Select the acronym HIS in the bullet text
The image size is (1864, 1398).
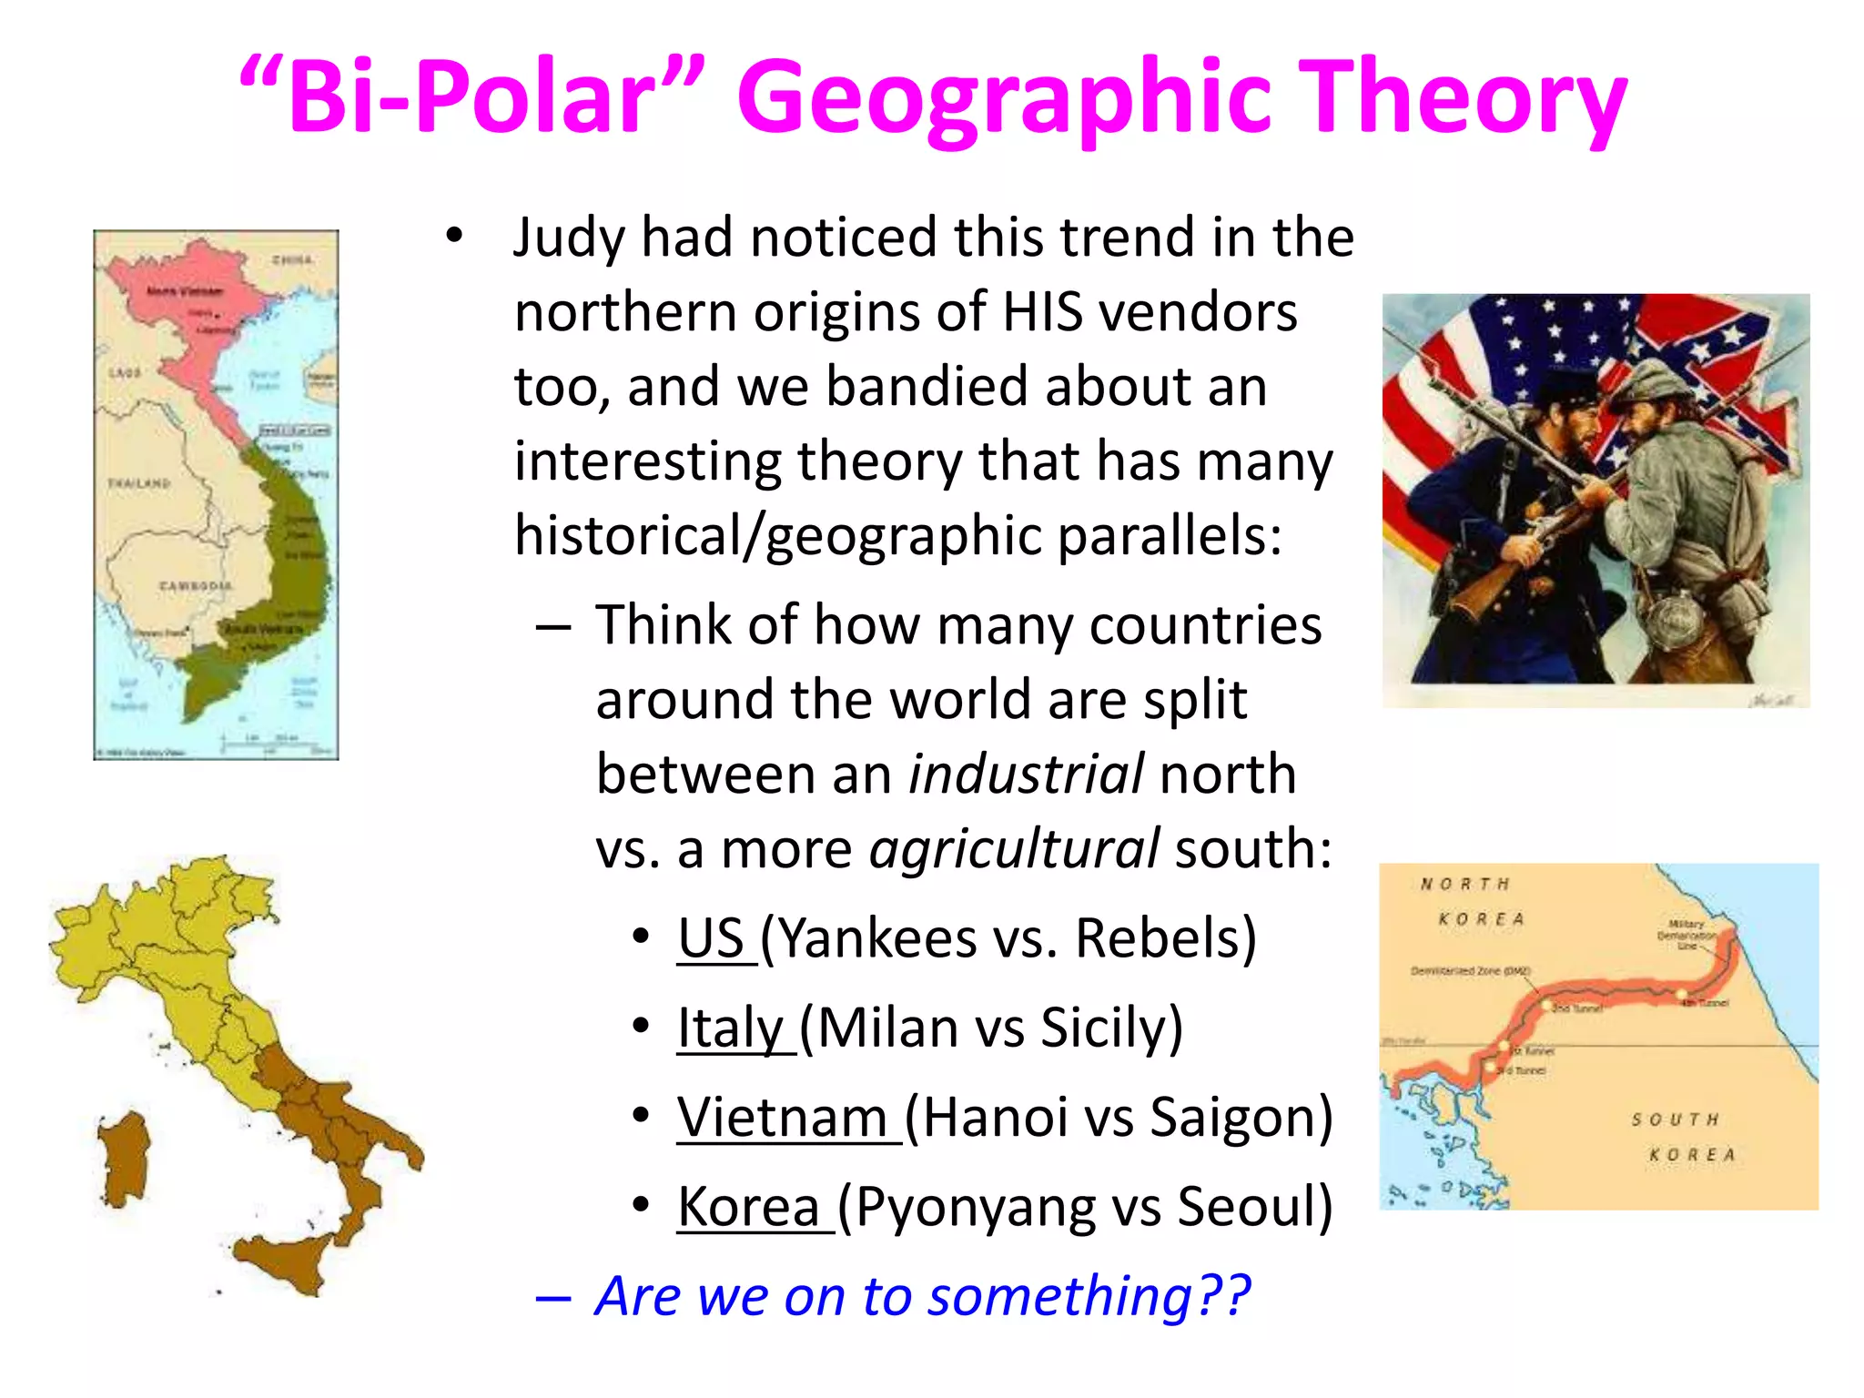point(1042,312)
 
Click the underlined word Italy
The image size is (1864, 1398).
point(731,1028)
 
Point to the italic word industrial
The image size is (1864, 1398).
point(1026,775)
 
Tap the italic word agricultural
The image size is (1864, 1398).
point(1014,849)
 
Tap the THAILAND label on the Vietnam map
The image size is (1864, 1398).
point(139,483)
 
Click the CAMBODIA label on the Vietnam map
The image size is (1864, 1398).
point(195,586)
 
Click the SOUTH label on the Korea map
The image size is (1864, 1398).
point(1675,1119)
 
